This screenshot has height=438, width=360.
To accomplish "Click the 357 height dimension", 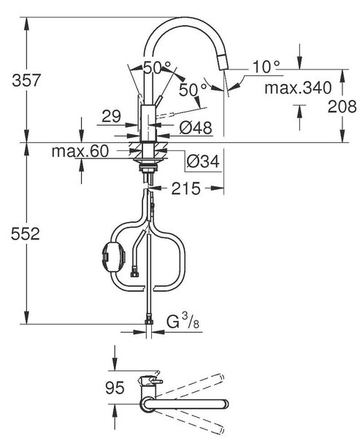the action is (x=26, y=80).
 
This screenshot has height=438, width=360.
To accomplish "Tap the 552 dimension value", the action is (x=25, y=234).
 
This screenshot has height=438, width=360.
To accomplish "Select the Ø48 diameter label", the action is (x=196, y=128).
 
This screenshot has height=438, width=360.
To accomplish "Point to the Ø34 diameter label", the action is (x=203, y=161).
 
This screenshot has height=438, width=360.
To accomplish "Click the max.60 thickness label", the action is (x=80, y=151).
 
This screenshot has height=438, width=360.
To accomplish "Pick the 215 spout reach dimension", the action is (x=186, y=188).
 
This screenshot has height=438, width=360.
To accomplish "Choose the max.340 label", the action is (x=298, y=88).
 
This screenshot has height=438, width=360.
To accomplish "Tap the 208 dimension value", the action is (x=342, y=107).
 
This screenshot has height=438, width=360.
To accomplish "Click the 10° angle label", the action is (x=266, y=67).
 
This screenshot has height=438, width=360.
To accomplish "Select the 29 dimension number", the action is (x=111, y=116).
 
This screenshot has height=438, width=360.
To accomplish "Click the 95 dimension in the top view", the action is (x=115, y=388).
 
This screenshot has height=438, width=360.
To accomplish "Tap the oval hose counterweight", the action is (x=112, y=256).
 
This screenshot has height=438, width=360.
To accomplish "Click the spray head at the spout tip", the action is (x=222, y=62).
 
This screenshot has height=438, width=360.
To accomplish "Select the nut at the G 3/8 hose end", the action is (x=149, y=319).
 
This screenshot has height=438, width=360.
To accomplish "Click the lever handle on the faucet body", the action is (x=159, y=101).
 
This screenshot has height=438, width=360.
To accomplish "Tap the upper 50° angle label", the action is (x=157, y=67).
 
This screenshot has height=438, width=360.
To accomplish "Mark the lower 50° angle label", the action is (x=193, y=89).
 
